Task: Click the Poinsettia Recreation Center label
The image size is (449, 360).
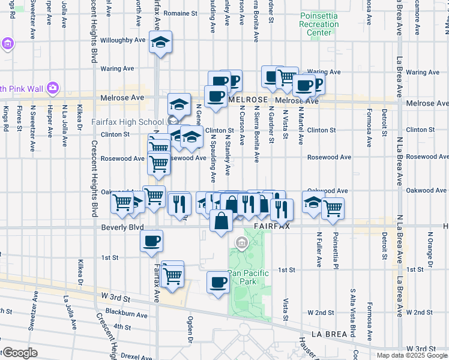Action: point(319,25)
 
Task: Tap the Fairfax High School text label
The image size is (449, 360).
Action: point(127,122)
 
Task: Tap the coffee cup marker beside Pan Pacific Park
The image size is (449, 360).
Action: point(218,281)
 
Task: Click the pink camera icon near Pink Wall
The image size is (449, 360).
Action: point(53,88)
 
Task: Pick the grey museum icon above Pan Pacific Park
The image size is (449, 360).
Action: point(241,243)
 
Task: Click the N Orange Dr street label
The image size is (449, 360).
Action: point(429,247)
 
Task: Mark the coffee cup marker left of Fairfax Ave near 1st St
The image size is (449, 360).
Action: point(151,241)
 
